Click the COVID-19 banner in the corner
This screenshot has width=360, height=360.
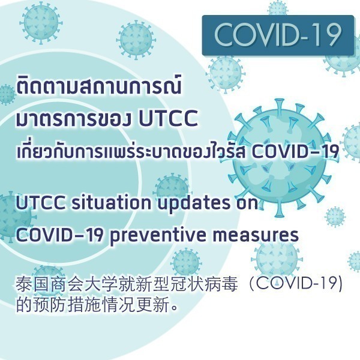point(278,35)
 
